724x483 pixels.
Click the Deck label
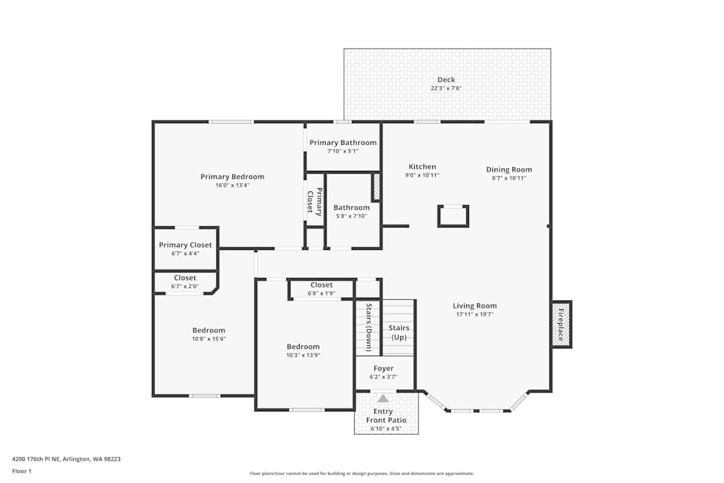pos(446,80)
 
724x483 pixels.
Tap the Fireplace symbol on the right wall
pos(561,324)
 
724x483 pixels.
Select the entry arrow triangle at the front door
pos(383,398)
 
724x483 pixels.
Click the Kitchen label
pos(422,167)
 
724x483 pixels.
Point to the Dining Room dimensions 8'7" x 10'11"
pos(509,177)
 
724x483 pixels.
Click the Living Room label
pos(475,306)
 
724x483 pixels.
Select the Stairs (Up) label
pos(399,332)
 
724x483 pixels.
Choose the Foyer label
pos(384,369)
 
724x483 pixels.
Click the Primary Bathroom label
pos(343,143)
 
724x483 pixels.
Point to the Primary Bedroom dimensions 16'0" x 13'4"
pos(232,185)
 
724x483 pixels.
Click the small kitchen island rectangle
pos(453,216)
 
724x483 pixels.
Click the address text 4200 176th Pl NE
pos(66,458)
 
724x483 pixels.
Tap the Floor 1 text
pos(22,471)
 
